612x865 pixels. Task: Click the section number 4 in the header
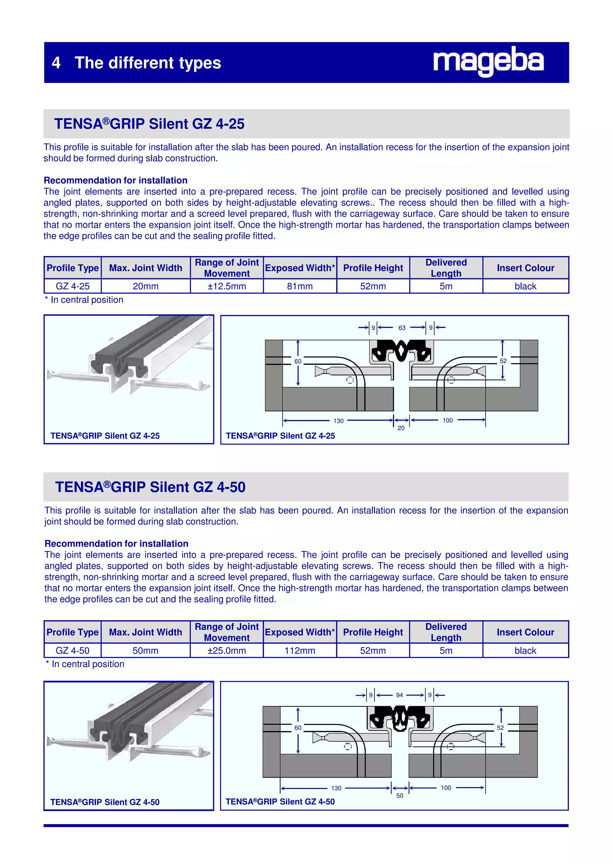pos(56,63)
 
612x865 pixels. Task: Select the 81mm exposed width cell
pos(300,286)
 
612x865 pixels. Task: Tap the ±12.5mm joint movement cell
pos(227,286)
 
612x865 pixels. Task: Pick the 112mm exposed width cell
pos(300,651)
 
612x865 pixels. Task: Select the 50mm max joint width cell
pos(145,651)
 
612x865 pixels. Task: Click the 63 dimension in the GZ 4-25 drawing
pos(402,328)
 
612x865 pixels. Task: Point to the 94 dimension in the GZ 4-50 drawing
pos(399,695)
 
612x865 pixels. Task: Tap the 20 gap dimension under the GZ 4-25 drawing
pos(401,428)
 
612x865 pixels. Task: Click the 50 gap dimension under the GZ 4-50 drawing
pos(400,796)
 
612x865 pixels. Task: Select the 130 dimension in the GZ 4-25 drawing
pos(338,421)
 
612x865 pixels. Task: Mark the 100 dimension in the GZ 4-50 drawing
pos(446,788)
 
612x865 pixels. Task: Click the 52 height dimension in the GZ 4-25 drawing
pos(503,361)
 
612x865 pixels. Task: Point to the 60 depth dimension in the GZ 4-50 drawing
pos(298,728)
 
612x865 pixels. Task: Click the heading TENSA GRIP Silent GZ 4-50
pos(150,487)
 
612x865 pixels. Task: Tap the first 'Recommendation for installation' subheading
pos(115,181)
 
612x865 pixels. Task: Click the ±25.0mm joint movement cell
pos(227,651)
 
